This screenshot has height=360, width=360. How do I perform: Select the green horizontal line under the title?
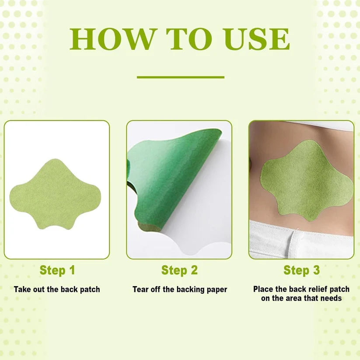180,77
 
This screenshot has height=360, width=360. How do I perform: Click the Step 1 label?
57,270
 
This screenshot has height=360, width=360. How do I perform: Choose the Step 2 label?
179,270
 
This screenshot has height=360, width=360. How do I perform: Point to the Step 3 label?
301,270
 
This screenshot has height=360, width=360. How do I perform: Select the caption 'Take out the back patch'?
57,289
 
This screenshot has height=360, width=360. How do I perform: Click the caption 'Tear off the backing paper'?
180,289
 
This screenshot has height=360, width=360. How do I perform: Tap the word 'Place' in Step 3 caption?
263,289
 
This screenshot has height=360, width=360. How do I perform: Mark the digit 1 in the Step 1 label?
72,270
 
